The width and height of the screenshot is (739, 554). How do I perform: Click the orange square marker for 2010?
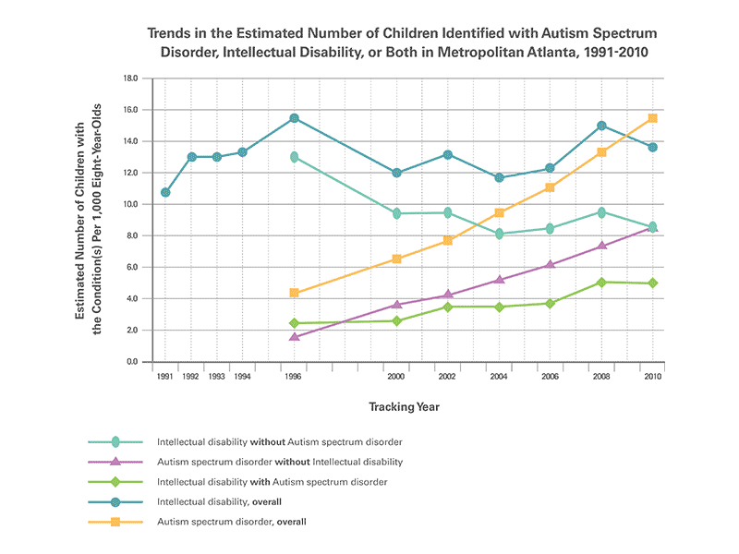[x=652, y=118]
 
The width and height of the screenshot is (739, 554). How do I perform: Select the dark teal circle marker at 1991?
[x=165, y=193]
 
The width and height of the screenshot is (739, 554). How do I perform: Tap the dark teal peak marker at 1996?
[x=294, y=118]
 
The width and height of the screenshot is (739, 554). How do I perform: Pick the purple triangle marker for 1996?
[x=294, y=337]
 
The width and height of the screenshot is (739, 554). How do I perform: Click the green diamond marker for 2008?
[x=601, y=283]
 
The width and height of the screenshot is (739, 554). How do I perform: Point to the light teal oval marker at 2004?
[x=500, y=234]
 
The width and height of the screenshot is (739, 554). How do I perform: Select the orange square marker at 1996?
[x=294, y=293]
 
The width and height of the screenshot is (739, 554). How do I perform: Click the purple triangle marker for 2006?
[x=551, y=265]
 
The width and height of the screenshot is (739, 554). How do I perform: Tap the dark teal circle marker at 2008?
[x=601, y=126]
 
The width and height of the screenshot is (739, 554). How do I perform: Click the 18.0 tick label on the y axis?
[x=130, y=79]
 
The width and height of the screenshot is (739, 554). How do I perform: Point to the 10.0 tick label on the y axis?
[x=130, y=205]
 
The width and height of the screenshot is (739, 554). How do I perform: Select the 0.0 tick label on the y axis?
[x=132, y=362]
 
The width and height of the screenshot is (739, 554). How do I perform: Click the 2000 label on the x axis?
[x=396, y=378]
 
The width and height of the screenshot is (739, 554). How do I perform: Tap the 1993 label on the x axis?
[x=216, y=378]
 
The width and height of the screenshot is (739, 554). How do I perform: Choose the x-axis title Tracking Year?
[x=405, y=406]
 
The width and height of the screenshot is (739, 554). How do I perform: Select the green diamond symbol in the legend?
[x=115, y=481]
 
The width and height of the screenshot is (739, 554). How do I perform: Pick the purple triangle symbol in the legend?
[x=115, y=461]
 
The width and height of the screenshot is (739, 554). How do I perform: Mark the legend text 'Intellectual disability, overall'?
[x=220, y=501]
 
